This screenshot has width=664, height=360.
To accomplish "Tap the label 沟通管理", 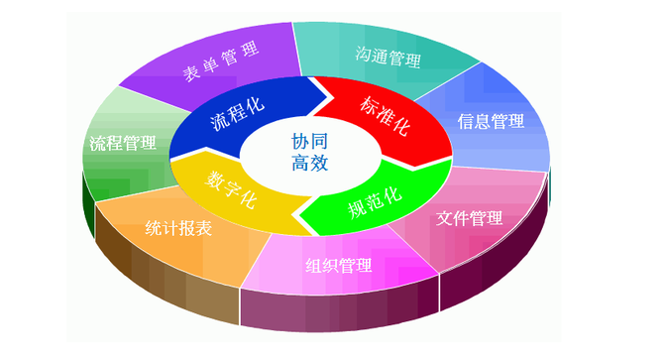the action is point(387,56).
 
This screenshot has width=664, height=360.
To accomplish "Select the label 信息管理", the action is point(491,121).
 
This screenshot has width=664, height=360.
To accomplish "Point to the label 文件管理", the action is point(470,217).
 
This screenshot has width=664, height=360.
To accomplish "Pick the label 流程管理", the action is point(122,144).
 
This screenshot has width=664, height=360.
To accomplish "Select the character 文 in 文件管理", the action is point(445,217).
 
